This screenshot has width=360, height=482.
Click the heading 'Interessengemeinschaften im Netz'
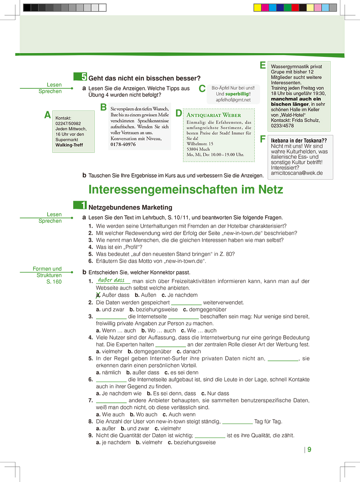186,189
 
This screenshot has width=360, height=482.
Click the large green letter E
263,65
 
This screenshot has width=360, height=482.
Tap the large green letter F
263,139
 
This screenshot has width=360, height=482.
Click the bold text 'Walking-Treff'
69,145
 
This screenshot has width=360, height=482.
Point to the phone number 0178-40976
123,144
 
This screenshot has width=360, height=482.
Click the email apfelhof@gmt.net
233,100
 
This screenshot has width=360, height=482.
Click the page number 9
309,450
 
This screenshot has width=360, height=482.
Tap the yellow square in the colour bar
258,8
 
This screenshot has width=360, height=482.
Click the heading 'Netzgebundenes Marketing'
130,207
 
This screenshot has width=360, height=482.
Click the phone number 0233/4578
282,126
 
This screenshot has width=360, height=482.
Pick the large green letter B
103,107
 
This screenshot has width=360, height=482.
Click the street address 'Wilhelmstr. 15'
200,144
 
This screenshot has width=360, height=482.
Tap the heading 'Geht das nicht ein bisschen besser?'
144,78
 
